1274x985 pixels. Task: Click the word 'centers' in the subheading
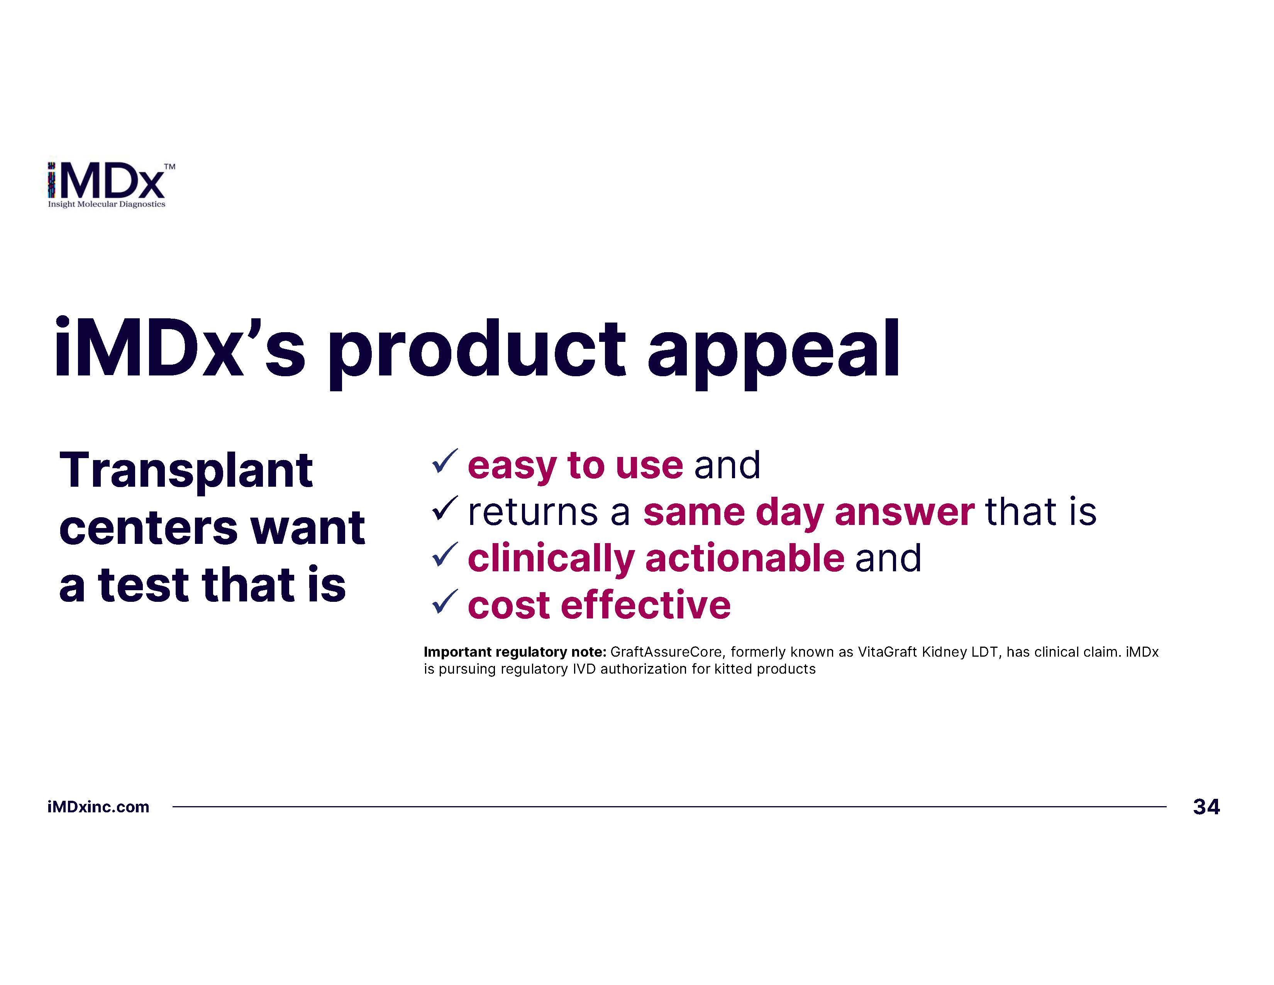pos(148,528)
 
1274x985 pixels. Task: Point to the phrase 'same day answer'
pos(808,512)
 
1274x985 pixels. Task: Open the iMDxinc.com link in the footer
pos(98,807)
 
